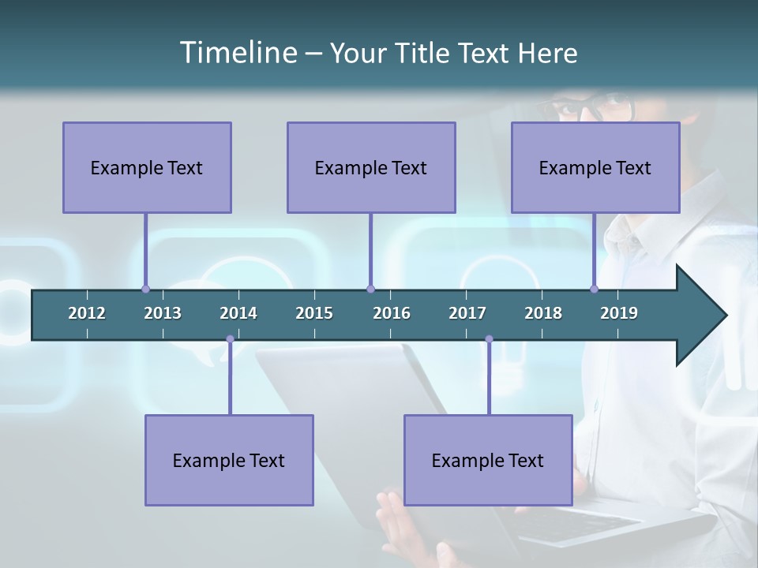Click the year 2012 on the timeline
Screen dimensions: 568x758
87,313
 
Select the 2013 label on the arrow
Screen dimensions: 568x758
163,313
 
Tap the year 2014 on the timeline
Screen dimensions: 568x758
238,313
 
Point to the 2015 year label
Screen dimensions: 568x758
314,313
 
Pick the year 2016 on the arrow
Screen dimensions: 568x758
392,313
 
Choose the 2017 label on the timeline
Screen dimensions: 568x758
467,313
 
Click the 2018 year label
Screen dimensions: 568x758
543,313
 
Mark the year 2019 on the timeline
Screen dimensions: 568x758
619,313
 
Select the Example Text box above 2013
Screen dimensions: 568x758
147,167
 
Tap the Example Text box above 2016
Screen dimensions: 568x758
371,167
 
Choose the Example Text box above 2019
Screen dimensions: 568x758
595,167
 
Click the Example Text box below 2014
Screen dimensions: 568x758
229,460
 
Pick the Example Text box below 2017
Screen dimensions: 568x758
488,460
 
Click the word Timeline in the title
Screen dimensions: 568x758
238,53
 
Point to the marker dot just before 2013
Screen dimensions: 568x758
146,289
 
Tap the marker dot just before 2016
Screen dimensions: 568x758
370,289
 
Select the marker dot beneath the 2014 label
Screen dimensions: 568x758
230,339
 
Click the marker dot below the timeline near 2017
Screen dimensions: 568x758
489,339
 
